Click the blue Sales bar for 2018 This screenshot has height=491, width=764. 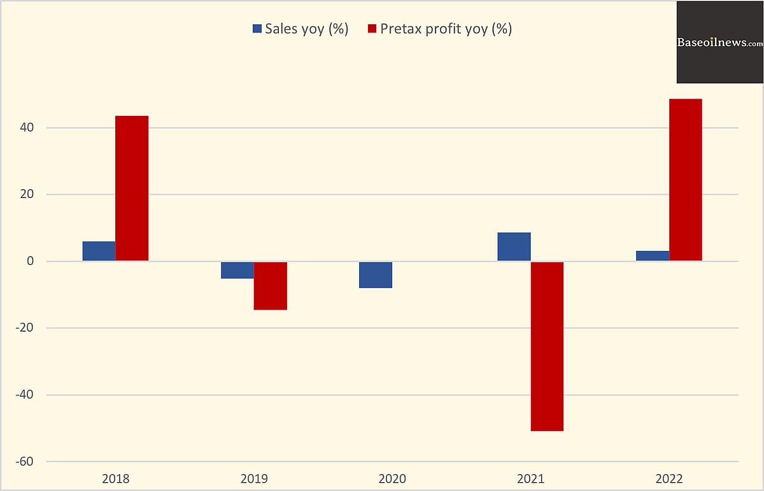pos(99,251)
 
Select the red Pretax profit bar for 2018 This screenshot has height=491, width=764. pos(132,188)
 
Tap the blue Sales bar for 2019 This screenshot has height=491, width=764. pos(237,270)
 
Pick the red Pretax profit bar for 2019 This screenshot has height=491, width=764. pos(271,285)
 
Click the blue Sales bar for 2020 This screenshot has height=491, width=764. pos(376,274)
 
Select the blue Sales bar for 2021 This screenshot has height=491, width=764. pos(514,246)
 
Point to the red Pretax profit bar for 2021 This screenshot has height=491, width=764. pos(547,346)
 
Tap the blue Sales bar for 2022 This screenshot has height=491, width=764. pos(653,255)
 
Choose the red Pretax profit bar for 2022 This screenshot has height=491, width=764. pos(686,180)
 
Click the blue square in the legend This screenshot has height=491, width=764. pos(257,29)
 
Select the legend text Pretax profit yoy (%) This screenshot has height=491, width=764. pos(446,29)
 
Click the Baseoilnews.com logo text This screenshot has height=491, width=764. pos(719,43)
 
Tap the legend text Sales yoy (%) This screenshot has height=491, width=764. pos(306,29)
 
